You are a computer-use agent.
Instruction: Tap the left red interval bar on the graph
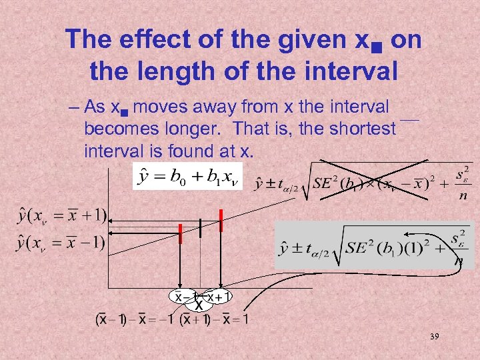[x=180, y=235]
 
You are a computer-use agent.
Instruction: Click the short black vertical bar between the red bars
[x=201, y=227]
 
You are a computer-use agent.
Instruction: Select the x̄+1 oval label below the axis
[x=219, y=296]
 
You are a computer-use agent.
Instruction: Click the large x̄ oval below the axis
[x=199, y=305]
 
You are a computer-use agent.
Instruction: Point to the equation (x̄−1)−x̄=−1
[x=134, y=319]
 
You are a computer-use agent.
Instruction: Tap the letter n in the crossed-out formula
[x=461, y=197]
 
